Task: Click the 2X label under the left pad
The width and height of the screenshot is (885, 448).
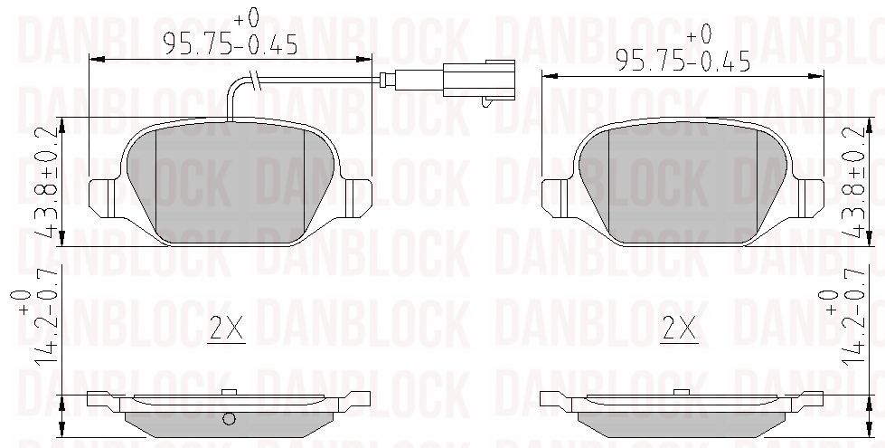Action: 226,329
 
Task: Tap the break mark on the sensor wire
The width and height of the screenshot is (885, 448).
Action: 254,81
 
